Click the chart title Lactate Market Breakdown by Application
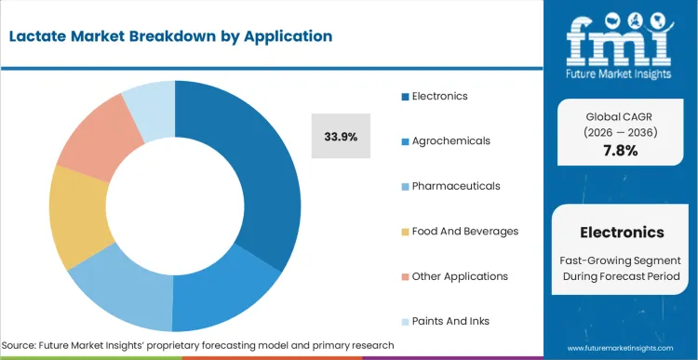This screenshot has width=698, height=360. (x=170, y=36)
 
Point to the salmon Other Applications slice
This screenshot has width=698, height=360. (x=93, y=140)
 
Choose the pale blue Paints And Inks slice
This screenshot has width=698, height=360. (x=149, y=103)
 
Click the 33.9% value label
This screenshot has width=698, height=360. (x=341, y=136)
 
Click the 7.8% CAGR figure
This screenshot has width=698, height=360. (x=622, y=151)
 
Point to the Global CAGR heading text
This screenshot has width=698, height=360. (x=622, y=117)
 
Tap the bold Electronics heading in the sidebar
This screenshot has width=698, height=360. (x=622, y=233)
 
